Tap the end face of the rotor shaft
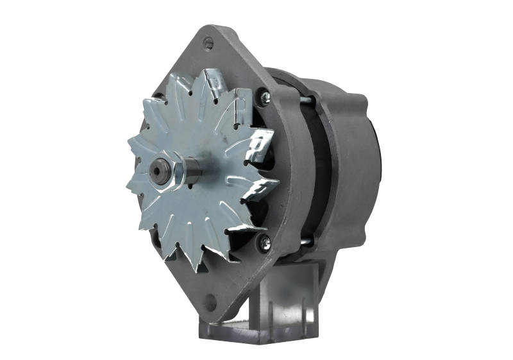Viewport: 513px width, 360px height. pyautogui.click(x=156, y=173)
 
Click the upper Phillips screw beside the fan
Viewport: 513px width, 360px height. pyautogui.click(x=265, y=96)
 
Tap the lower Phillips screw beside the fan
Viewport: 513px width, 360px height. pyautogui.click(x=265, y=241)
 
